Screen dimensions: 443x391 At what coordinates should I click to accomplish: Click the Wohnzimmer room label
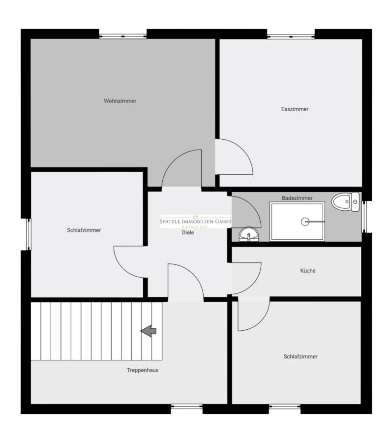[120, 101]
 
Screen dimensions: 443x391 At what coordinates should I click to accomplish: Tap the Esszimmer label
[295, 109]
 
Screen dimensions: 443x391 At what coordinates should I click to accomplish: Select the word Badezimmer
[297, 198]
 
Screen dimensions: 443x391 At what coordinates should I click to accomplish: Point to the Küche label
[308, 271]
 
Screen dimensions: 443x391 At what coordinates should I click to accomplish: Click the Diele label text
[188, 233]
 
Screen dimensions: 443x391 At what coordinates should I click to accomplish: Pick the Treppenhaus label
[143, 370]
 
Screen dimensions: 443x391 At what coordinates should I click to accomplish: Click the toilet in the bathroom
[346, 201]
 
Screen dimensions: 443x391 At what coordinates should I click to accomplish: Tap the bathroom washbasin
[249, 234]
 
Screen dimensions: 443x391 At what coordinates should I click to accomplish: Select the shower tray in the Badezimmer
[297, 221]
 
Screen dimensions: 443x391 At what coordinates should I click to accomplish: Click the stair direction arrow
[149, 331]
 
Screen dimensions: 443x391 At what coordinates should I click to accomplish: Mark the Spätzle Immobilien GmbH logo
[195, 221]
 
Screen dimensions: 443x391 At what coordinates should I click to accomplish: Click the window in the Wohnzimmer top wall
[122, 35]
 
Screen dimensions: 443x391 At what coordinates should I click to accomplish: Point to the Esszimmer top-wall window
[291, 35]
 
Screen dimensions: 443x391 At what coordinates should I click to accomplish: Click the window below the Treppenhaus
[186, 407]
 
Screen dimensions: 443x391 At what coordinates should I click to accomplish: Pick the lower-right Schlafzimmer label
[301, 356]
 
